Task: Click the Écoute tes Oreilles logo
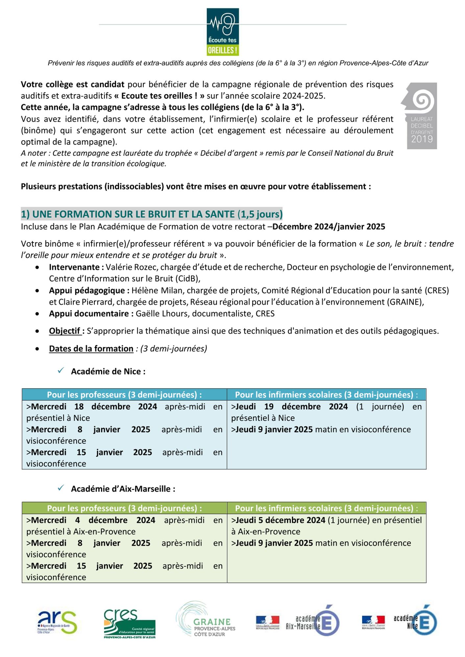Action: click(223, 32)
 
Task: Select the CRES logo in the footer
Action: click(129, 623)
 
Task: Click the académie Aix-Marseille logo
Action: click(298, 622)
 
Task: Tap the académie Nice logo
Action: click(399, 622)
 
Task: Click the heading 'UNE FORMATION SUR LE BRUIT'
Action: click(151, 214)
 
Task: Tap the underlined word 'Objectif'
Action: click(65, 331)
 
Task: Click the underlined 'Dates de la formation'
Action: click(91, 349)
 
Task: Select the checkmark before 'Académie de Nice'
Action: click(61, 371)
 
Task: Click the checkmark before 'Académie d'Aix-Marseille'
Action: click(61, 488)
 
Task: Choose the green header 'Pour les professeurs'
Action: click(124, 508)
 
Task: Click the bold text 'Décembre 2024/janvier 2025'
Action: click(329, 227)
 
